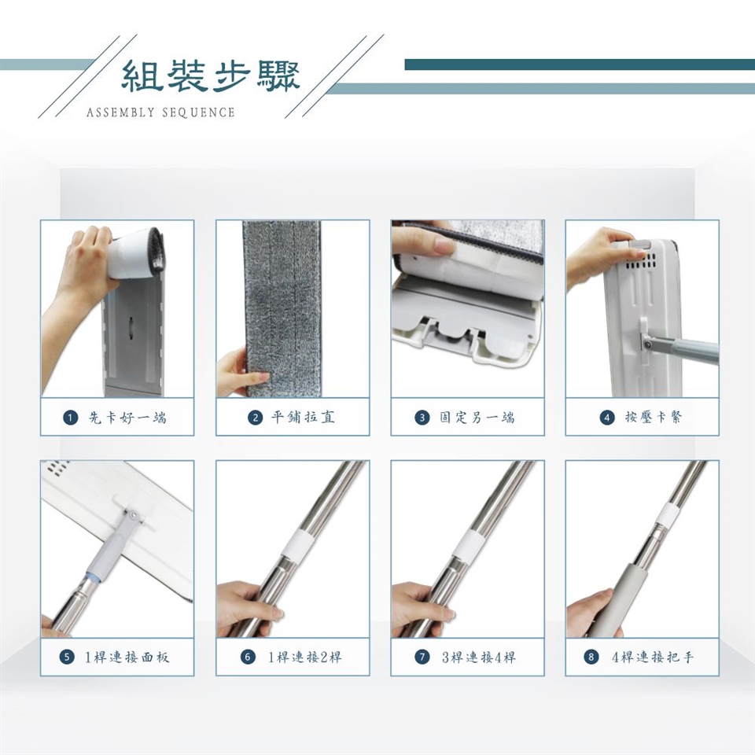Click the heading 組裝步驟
pyautogui.click(x=211, y=76)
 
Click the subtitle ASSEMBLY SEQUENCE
pyautogui.click(x=160, y=112)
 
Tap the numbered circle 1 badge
pyautogui.click(x=70, y=418)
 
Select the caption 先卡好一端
pyautogui.click(x=127, y=418)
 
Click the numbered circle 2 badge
pyautogui.click(x=255, y=418)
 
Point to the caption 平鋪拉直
pyautogui.click(x=303, y=417)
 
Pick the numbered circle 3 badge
pyautogui.click(x=422, y=418)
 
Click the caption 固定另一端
pyautogui.click(x=477, y=417)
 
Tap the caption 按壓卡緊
pyautogui.click(x=654, y=417)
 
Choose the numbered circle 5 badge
pyautogui.click(x=67, y=657)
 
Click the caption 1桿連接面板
pyautogui.click(x=127, y=657)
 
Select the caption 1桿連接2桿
pyautogui.click(x=305, y=657)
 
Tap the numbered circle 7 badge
pyautogui.click(x=422, y=657)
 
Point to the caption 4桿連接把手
pyautogui.click(x=653, y=657)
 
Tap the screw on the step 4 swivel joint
pyautogui.click(x=649, y=344)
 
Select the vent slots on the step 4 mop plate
pyautogui.click(x=640, y=261)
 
